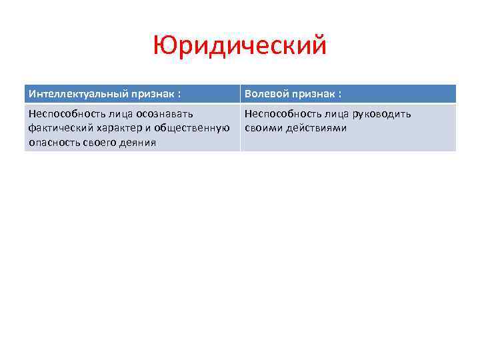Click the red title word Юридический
(x=240, y=47)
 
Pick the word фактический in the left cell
(x=58, y=128)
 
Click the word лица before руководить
(x=338, y=114)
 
